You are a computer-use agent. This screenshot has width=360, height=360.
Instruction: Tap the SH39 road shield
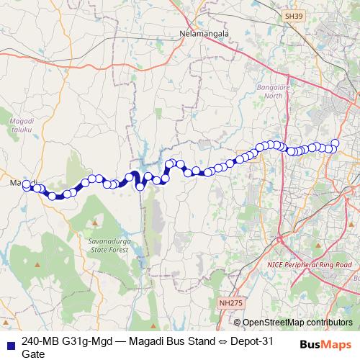[x=292, y=14]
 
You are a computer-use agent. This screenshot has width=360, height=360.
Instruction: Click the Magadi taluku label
[x=22, y=126]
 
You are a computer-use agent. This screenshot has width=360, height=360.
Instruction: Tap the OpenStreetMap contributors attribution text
[x=297, y=323]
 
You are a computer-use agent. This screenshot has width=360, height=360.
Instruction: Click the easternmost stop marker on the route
[x=335, y=143]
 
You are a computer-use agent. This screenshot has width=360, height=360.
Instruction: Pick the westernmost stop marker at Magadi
[x=27, y=184]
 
